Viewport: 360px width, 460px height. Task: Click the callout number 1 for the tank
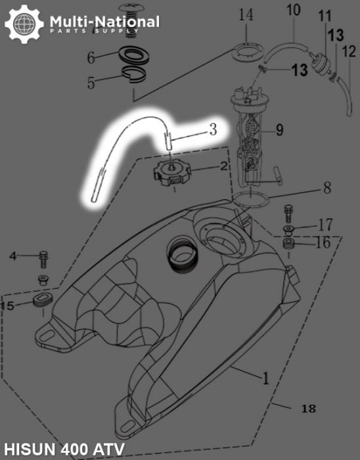tap(265, 379)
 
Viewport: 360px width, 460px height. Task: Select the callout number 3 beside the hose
tap(213, 129)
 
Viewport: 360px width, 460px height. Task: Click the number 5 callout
tap(91, 83)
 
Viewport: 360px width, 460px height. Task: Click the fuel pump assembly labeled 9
tap(253, 141)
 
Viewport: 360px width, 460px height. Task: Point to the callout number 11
tap(325, 15)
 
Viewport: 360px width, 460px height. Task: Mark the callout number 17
tap(325, 225)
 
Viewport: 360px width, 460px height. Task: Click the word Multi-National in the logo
tap(104, 22)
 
